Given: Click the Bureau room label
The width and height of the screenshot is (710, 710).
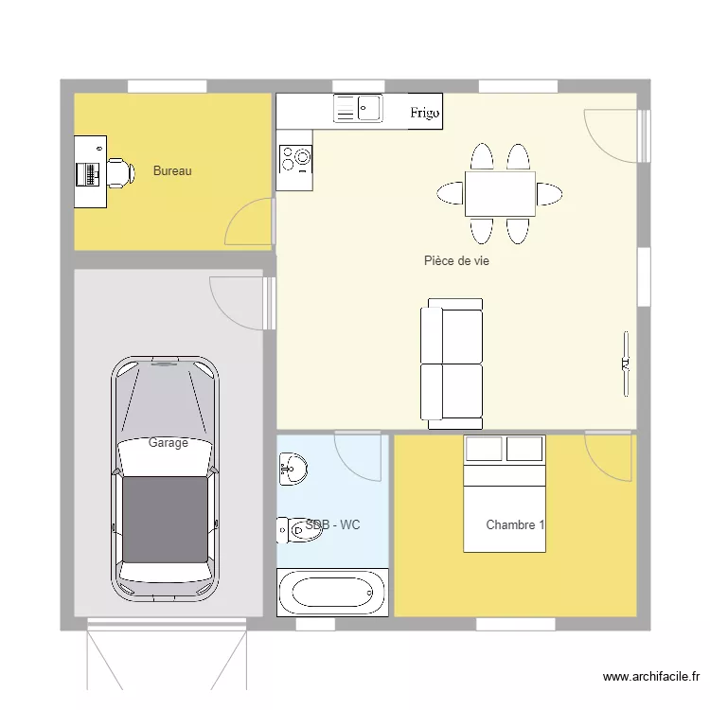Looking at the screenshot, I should tap(172, 171).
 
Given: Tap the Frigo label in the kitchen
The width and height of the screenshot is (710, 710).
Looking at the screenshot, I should tap(425, 113).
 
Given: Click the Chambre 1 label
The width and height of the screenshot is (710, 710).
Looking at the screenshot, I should tap(515, 524).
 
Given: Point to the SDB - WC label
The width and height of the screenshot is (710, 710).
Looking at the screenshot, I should tap(333, 524).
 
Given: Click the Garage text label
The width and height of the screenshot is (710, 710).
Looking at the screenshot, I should tap(168, 442).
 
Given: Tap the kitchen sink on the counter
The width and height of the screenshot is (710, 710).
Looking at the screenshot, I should tap(357, 109).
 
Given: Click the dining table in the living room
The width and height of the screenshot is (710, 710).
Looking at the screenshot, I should tap(500, 194).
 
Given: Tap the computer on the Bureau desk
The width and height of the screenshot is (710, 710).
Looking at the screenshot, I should tap(90, 173).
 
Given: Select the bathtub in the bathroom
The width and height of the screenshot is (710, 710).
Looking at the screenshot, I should tap(332, 593).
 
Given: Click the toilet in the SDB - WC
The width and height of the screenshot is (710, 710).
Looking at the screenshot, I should tap(294, 532).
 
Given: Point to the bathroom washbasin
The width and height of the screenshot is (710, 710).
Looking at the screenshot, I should tap(292, 467).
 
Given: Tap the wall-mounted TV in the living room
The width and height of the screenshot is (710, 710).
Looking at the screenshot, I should tap(625, 364).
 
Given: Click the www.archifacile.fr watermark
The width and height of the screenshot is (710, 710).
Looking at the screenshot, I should tap(651, 677).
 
